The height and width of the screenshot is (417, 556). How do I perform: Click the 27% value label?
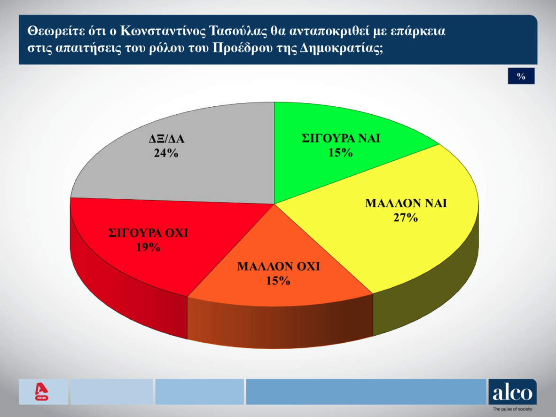coord(406,218)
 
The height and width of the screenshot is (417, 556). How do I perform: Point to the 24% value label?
coord(166,153)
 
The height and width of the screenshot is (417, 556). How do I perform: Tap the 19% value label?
coord(148,247)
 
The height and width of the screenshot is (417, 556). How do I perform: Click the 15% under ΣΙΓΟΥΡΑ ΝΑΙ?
coord(340,153)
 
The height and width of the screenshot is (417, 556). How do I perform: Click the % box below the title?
coord(521,76)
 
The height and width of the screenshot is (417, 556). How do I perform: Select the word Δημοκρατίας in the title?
coord(341,49)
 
